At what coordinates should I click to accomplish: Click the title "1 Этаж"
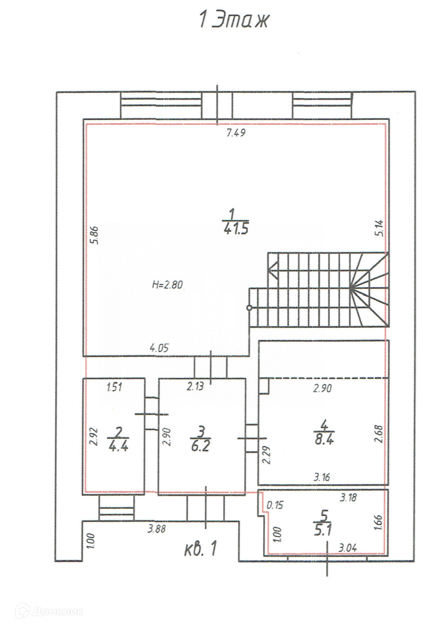234,20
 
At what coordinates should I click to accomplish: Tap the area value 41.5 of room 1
236,229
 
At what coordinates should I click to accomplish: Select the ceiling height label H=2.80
167,285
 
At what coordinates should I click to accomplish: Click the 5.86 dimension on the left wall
95,235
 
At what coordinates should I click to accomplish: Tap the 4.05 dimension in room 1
159,348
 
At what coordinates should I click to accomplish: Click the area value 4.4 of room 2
118,447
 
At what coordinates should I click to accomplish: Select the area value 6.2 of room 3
200,447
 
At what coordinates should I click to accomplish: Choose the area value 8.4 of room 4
324,440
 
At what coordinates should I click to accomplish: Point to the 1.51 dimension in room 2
114,387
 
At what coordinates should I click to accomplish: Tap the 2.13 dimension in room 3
195,387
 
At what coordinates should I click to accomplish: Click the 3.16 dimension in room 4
322,477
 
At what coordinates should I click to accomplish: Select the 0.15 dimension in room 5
275,505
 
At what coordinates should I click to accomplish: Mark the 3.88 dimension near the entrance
157,529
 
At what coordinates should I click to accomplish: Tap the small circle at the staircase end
249,308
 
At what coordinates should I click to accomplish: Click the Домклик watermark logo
49,611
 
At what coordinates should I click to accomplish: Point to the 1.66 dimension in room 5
378,522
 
